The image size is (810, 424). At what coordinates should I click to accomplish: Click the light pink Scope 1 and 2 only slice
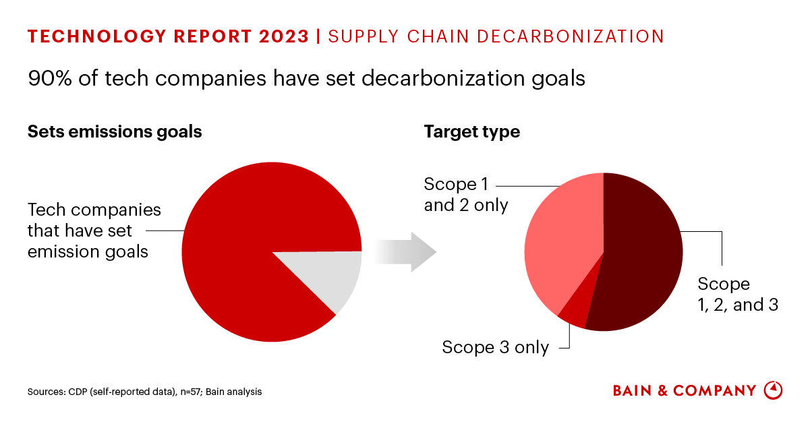click(564, 243)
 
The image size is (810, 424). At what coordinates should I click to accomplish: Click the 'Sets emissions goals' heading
click(115, 131)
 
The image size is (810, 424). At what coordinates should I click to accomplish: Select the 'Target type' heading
click(471, 131)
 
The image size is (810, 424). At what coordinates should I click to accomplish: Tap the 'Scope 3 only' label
click(495, 347)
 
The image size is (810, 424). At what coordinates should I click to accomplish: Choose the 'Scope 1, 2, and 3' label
click(737, 294)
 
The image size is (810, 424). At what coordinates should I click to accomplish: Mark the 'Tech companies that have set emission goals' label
click(94, 231)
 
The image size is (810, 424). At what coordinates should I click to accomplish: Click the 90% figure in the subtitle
click(48, 79)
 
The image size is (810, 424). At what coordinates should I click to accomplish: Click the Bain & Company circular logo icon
click(773, 390)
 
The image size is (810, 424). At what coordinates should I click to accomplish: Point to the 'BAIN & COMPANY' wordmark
click(685, 391)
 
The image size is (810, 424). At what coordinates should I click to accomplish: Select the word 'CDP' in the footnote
click(75, 392)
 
